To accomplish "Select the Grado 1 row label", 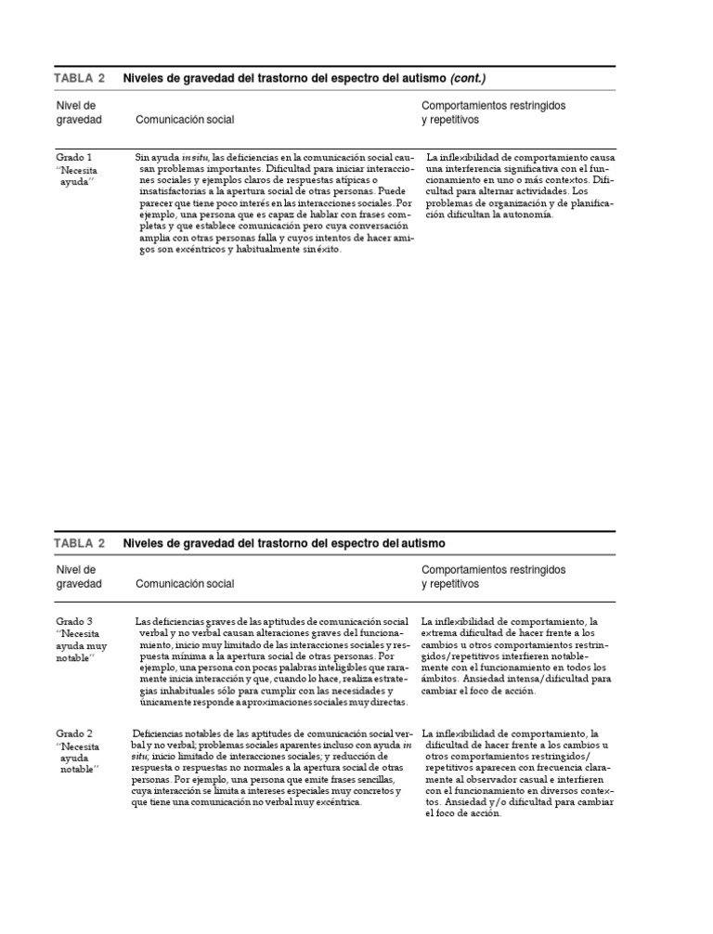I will click(x=73, y=158).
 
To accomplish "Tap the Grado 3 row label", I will click(x=73, y=621).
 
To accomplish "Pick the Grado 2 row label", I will click(x=73, y=733).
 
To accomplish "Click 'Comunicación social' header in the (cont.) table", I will click(x=185, y=120).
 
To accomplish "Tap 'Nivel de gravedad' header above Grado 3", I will click(x=78, y=576).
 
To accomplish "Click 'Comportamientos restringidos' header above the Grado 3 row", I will click(x=493, y=568).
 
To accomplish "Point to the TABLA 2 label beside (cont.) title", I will click(x=79, y=78).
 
